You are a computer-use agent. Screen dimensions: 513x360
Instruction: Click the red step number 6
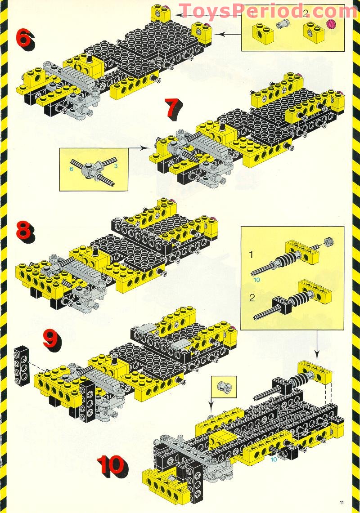pos(25,39)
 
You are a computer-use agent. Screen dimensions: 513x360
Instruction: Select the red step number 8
pos(25,231)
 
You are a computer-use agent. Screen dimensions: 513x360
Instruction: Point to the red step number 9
pos(51,338)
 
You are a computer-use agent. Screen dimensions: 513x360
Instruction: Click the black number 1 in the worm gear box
pos(252,254)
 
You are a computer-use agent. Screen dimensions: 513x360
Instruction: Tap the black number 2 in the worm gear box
pos(252,297)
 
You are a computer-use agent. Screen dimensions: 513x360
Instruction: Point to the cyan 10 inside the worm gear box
pos(257,280)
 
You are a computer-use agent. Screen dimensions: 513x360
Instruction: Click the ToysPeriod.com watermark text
pos(268,10)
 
